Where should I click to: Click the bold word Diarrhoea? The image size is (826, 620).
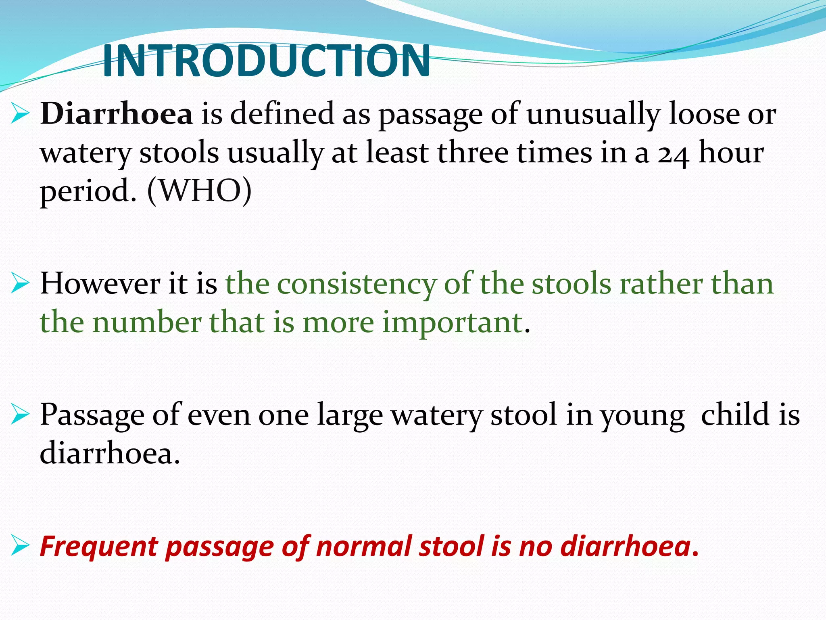(117, 114)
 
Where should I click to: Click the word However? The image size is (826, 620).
(100, 283)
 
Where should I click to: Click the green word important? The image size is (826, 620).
(452, 323)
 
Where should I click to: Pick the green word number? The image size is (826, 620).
(147, 323)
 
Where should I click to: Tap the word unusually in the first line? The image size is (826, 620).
(593, 115)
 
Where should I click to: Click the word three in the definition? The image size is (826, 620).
(473, 153)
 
